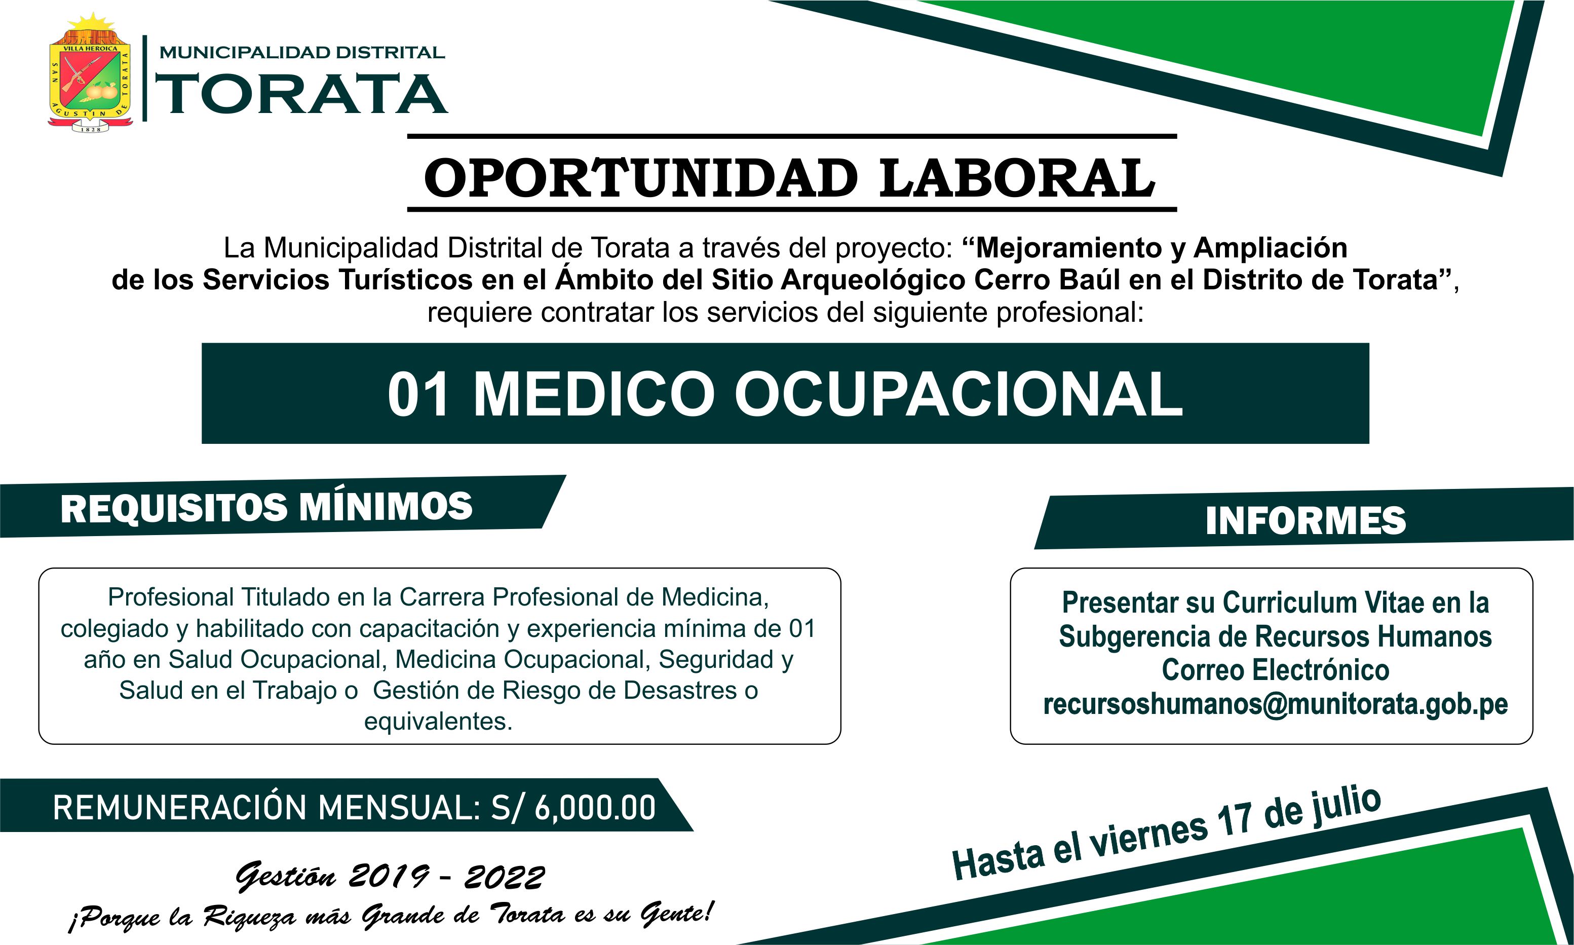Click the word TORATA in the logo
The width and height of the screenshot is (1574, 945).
[302, 94]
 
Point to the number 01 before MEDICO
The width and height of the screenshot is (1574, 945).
[417, 394]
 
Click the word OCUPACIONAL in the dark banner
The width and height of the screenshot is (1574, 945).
[958, 394]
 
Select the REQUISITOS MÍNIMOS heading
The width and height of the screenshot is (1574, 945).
[266, 508]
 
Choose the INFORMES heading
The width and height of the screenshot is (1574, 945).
[1306, 520]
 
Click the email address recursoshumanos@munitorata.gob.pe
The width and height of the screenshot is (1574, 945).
[1276, 704]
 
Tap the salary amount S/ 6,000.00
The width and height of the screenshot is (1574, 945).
[573, 808]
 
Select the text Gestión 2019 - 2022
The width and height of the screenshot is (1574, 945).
[390, 878]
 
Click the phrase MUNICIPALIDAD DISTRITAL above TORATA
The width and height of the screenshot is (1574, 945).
[302, 52]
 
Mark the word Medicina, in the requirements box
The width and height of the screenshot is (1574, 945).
[715, 597]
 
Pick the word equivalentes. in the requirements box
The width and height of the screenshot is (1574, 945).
[438, 722]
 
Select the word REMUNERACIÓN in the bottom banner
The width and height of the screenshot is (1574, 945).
[181, 808]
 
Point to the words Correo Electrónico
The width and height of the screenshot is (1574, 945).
[1276, 670]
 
